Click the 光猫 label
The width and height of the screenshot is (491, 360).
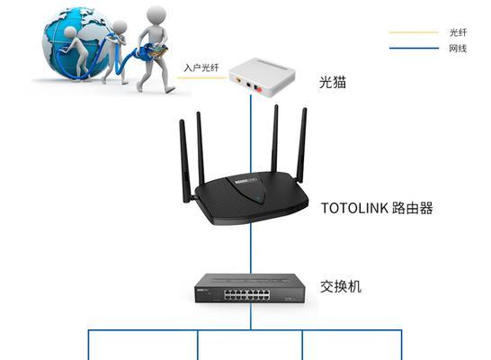[x=333, y=82]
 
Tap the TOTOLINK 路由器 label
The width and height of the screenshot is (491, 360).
[x=377, y=208]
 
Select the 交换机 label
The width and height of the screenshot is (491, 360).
[x=341, y=286]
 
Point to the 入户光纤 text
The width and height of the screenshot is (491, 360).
[x=201, y=67]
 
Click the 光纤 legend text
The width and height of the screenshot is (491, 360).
[x=458, y=32]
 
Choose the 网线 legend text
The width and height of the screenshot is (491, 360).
[x=458, y=49]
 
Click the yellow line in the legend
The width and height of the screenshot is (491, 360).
[x=414, y=32]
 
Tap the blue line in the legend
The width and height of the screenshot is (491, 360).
[x=414, y=49]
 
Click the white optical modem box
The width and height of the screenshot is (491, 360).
[x=262, y=76]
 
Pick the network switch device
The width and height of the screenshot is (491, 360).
[x=250, y=288]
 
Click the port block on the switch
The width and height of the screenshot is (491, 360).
[x=246, y=295]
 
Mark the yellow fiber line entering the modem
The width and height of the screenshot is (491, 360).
[x=202, y=77]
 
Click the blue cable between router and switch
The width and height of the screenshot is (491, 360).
[x=251, y=248]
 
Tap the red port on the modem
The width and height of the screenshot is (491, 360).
[x=259, y=89]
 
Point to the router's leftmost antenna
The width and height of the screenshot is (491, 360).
[x=185, y=161]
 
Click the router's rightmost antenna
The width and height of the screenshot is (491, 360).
[x=302, y=146]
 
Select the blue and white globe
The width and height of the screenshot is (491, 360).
[x=76, y=42]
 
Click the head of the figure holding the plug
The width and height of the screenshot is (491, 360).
[x=156, y=14]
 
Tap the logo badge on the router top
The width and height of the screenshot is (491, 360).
[x=246, y=181]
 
